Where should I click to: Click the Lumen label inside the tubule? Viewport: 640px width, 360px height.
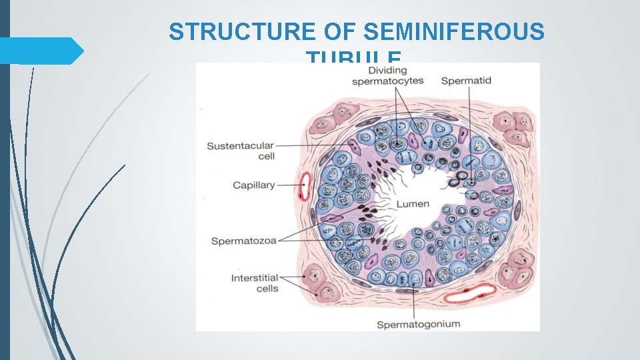click(413, 203)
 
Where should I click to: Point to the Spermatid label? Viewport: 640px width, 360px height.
click(466, 81)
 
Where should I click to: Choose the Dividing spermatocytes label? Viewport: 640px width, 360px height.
click(387, 75)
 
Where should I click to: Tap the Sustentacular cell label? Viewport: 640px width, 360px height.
click(241, 151)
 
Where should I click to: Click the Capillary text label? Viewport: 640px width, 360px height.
click(253, 185)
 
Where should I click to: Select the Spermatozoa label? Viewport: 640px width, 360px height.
click(243, 241)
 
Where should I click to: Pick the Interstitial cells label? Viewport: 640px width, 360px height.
click(255, 283)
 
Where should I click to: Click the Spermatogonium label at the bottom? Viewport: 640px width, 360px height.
click(418, 325)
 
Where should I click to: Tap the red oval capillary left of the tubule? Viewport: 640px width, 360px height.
click(306, 186)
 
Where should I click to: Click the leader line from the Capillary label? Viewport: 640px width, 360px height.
click(287, 185)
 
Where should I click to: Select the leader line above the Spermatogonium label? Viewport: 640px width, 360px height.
click(415, 303)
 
